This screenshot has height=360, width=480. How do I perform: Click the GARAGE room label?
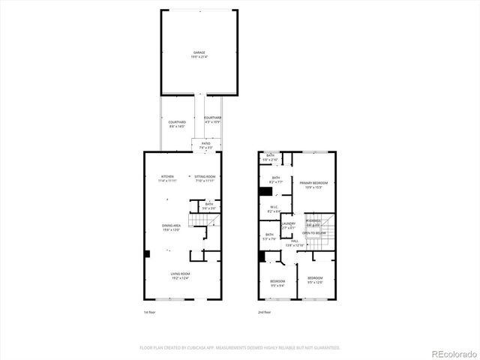tap(199, 52)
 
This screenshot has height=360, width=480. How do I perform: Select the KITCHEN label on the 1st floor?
tap(166, 176)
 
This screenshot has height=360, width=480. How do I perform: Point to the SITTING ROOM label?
tap(205, 176)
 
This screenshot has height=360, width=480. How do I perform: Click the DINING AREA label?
tap(171, 225)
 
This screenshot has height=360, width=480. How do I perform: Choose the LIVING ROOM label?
tap(180, 274)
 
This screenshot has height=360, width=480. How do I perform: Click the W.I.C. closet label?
tap(273, 209)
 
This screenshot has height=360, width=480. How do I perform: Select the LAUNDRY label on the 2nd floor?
tap(289, 223)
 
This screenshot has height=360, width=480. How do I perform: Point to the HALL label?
tap(295, 241)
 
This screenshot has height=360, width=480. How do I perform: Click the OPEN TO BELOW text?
tap(313, 233)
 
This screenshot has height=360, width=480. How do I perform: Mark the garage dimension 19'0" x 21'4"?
tap(199, 57)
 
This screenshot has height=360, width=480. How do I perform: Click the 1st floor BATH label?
tap(209, 204)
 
